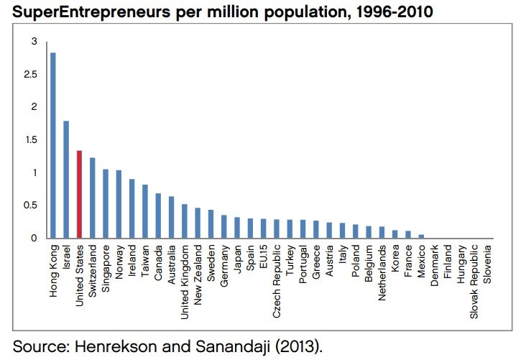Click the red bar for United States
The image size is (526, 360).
[79, 194]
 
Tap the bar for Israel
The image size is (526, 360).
[66, 179]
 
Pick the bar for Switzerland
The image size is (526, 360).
[92, 198]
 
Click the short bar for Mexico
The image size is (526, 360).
[420, 236]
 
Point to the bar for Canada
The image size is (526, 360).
[158, 216]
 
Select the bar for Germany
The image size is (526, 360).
[223, 226]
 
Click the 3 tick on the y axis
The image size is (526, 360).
[34, 42]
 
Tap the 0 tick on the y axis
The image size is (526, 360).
[34, 238]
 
